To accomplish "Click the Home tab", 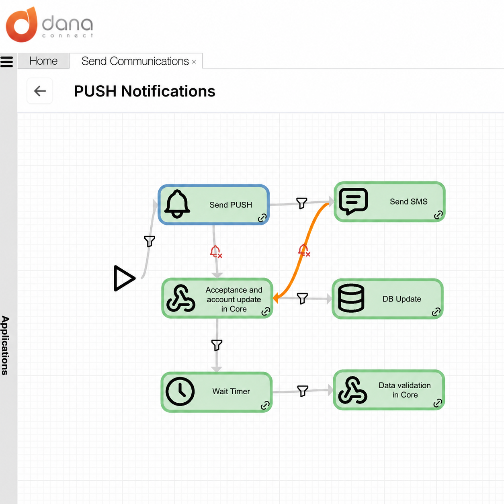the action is (43, 61).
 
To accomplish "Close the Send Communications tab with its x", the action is (194, 62).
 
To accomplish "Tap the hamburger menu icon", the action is (6, 62).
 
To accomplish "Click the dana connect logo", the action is (49, 25).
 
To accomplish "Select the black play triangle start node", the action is (124, 278).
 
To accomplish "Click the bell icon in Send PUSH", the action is (177, 204).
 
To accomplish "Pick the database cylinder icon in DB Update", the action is (351, 298).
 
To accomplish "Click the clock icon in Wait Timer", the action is (180, 391).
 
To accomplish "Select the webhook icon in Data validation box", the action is (352, 390).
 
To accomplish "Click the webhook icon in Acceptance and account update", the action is (181, 298).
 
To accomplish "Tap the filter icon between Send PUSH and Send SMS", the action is (301, 203).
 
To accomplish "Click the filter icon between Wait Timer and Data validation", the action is (303, 391).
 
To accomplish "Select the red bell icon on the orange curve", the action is (304, 250).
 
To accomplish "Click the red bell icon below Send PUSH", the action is (216, 252).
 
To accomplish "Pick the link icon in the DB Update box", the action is (436, 312).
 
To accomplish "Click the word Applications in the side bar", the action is (6, 345).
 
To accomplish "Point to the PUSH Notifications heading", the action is (145, 91).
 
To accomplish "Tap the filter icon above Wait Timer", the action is (217, 345).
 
